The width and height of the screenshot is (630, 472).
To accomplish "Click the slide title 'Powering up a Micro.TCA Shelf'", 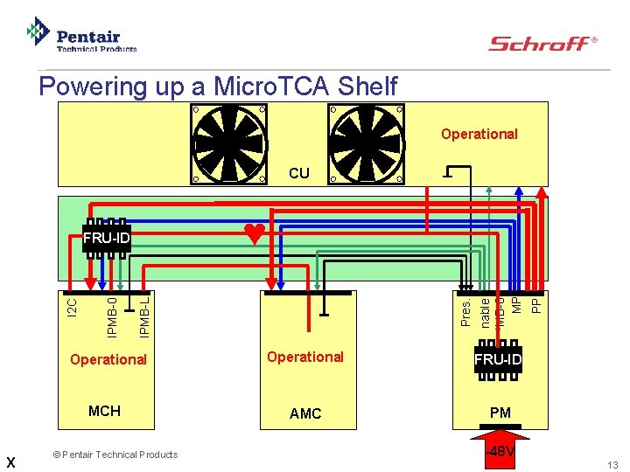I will click(218, 87).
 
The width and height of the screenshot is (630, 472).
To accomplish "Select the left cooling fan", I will click(229, 143).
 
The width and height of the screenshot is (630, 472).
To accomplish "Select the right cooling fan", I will click(367, 143).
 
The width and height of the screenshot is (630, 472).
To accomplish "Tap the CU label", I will click(299, 173).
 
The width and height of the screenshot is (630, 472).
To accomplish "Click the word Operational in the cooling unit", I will click(479, 134).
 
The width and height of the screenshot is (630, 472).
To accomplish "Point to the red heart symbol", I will click(254, 233).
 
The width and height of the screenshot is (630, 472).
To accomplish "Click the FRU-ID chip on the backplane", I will click(107, 238).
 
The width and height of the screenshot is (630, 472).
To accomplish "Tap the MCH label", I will click(104, 411).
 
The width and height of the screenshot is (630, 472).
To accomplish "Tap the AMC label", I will click(305, 413).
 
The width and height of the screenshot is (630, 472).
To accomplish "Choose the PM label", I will click(500, 413).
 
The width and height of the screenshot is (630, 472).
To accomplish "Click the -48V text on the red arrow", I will click(501, 452).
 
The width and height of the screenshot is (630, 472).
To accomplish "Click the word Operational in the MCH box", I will click(108, 359).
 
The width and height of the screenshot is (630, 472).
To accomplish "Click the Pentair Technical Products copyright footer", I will click(114, 455).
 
